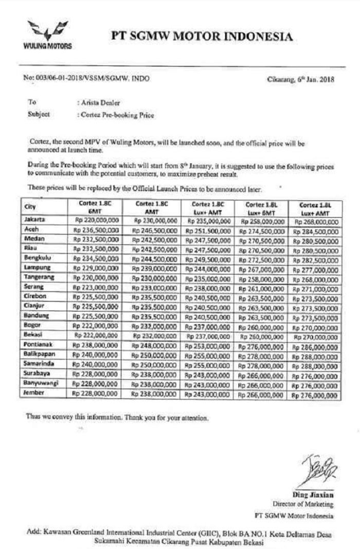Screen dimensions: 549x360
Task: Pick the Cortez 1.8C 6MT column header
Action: tap(96, 207)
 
